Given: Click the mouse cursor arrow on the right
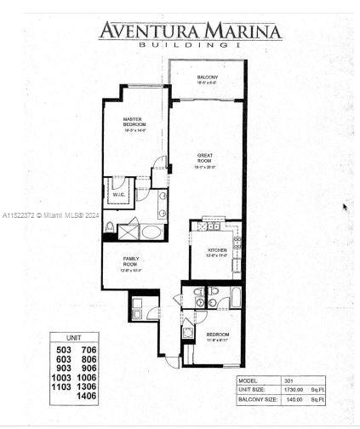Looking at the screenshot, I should pos(345,207).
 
